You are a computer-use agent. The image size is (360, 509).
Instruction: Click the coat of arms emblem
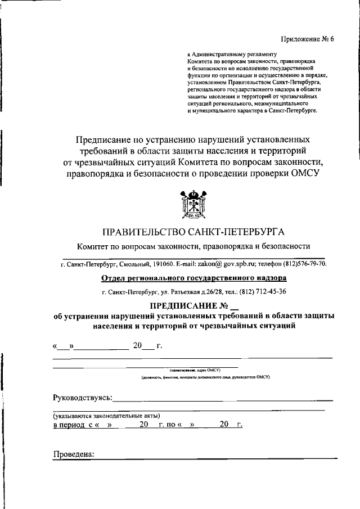(x=193, y=205)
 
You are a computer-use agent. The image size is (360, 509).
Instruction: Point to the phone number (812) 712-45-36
(x=262, y=291)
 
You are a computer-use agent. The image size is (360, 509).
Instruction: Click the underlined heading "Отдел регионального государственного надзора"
(x=193, y=278)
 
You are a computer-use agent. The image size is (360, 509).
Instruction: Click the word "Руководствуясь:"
(x=82, y=398)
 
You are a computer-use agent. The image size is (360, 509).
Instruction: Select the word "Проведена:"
(x=74, y=454)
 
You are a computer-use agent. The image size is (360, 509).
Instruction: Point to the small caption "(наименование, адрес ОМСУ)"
(x=194, y=370)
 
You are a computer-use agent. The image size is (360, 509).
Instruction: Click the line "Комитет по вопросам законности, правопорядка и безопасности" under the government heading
(x=194, y=246)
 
